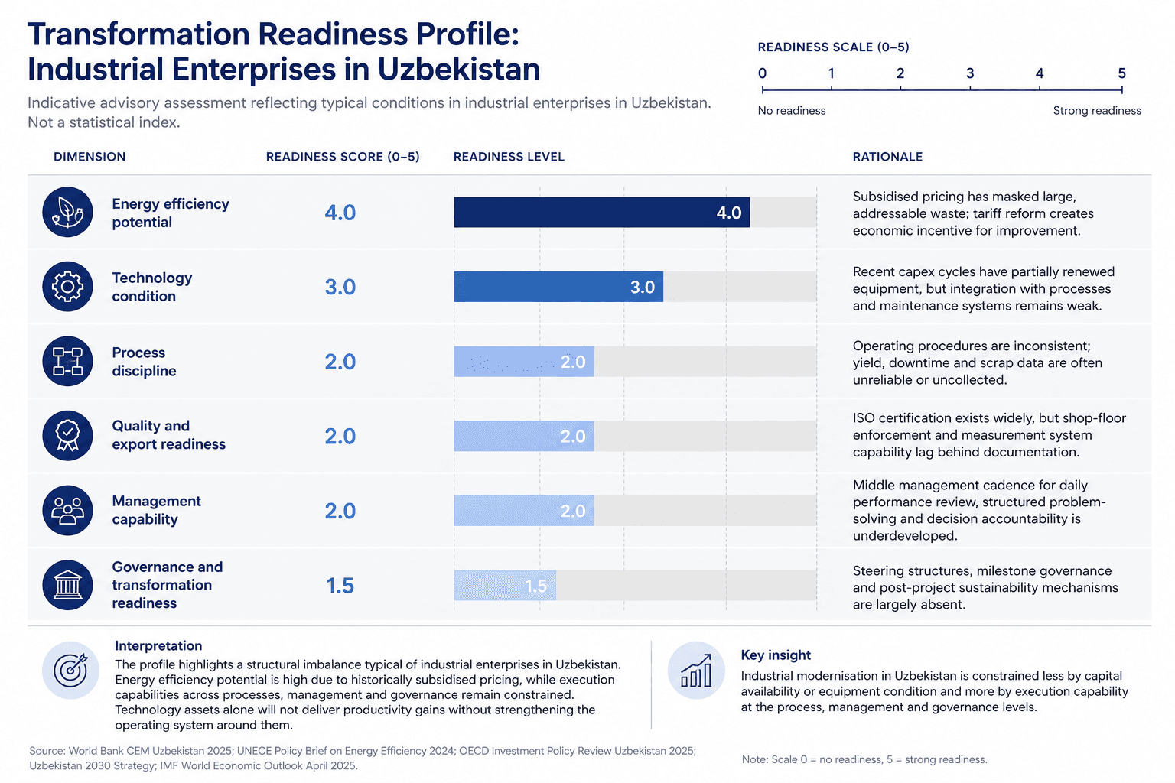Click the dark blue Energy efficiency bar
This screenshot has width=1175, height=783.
pyautogui.click(x=601, y=213)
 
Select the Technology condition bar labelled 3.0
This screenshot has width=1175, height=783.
pyautogui.click(x=558, y=287)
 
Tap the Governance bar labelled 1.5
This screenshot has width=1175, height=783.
pyautogui.click(x=505, y=586)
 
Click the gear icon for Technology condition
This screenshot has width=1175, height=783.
pyautogui.click(x=67, y=287)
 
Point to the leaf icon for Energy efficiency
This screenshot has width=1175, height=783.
pyautogui.click(x=67, y=213)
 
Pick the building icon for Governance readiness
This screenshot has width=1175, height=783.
pyautogui.click(x=67, y=586)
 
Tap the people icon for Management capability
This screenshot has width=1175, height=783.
pyautogui.click(x=67, y=511)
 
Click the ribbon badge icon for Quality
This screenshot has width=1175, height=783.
pyautogui.click(x=67, y=436)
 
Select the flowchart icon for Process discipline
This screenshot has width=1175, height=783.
pyautogui.click(x=67, y=362)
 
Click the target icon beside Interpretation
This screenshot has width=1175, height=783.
pyautogui.click(x=70, y=671)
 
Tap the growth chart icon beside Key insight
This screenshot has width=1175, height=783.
pyautogui.click(x=696, y=671)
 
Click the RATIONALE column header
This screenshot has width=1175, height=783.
pyautogui.click(x=887, y=157)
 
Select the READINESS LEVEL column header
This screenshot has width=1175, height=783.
pyautogui.click(x=509, y=157)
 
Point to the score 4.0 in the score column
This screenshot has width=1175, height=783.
pyautogui.click(x=340, y=213)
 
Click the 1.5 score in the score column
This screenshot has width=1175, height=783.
pyautogui.click(x=340, y=586)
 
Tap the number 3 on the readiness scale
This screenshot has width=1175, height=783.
pyautogui.click(x=970, y=73)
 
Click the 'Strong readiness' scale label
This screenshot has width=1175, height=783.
pyautogui.click(x=1097, y=111)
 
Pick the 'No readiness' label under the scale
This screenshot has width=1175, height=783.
pyautogui.click(x=792, y=111)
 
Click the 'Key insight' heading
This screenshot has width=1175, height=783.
pyautogui.click(x=776, y=655)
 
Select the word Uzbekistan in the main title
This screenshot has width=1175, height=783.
pyautogui.click(x=459, y=69)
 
